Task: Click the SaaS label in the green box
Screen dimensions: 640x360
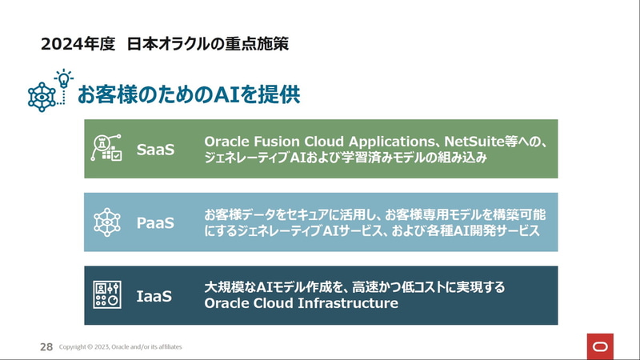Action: (x=155, y=150)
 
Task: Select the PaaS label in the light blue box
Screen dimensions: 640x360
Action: (x=155, y=223)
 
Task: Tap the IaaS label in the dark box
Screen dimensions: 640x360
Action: (x=154, y=296)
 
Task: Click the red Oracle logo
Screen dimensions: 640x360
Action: (x=600, y=346)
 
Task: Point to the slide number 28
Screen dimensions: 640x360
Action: (x=46, y=347)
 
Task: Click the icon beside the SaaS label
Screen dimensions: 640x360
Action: (x=106, y=148)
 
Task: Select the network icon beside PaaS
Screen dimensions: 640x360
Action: (x=107, y=222)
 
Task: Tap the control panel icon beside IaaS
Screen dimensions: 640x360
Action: (x=107, y=294)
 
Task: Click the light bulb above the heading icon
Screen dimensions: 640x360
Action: (x=64, y=78)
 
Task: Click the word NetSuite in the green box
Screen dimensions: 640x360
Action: (x=474, y=142)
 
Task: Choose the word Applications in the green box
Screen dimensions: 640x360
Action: (x=391, y=142)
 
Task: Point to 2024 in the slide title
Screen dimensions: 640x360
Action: (x=58, y=44)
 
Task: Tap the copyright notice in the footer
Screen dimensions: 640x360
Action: (x=121, y=347)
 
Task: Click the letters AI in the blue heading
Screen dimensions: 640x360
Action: (x=226, y=94)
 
